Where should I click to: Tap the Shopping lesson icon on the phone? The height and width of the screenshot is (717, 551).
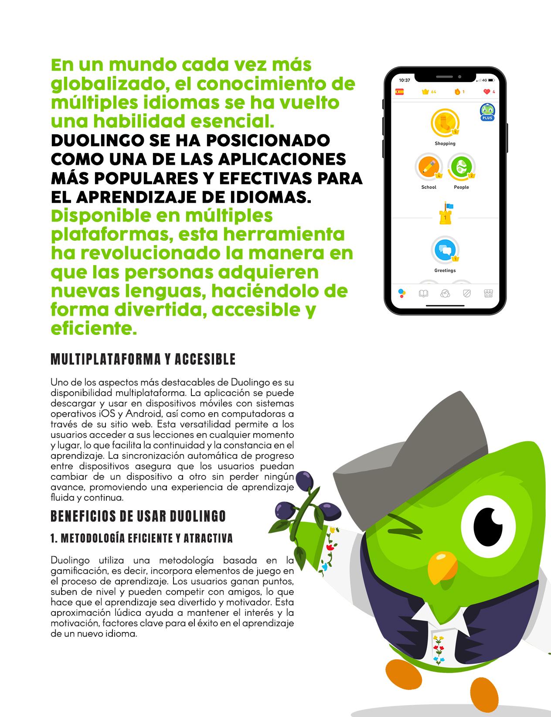[445, 123]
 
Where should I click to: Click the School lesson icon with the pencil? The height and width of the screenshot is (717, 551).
[429, 167]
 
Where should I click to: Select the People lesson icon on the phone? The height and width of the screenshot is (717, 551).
[461, 167]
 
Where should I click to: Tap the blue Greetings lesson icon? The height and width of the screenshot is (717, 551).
[445, 250]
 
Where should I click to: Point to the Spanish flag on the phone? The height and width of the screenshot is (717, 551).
[399, 92]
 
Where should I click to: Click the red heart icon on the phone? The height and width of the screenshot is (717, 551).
[487, 92]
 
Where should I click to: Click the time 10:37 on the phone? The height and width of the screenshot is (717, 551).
[405, 80]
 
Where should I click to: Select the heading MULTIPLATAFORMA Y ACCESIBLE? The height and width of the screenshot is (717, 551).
[143, 359]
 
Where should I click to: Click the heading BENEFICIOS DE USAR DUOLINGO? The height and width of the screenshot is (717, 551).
[138, 516]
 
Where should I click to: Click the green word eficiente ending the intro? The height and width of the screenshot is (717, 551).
[91, 328]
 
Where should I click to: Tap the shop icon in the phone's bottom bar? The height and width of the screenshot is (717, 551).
[488, 294]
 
